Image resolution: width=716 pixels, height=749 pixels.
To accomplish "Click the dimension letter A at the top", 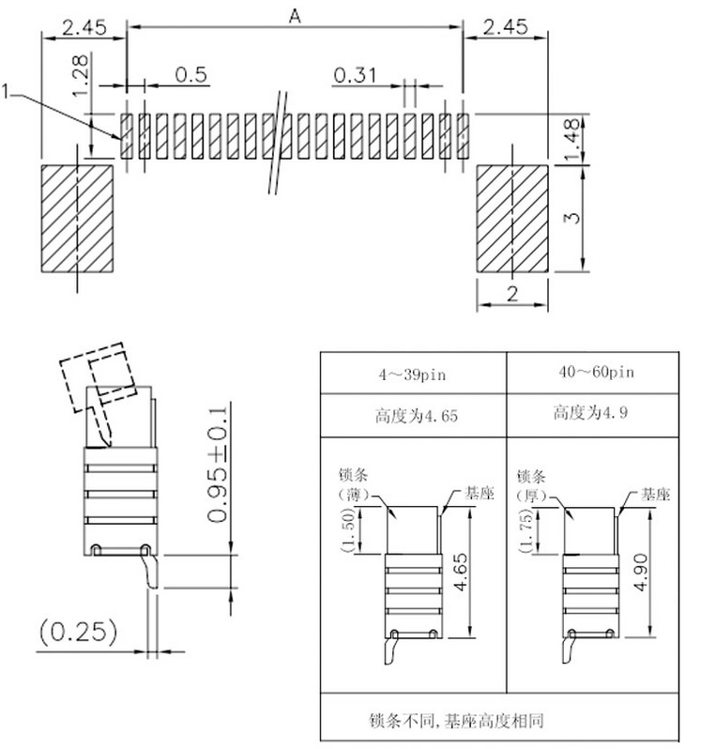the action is click(296, 17).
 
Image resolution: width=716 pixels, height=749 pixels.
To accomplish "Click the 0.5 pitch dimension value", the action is click(191, 74).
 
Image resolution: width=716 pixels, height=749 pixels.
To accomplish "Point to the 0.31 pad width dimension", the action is click(355, 75).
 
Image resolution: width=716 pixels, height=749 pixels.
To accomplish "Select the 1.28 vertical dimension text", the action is click(81, 75).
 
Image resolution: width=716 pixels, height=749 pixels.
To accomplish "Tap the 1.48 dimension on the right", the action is click(571, 140).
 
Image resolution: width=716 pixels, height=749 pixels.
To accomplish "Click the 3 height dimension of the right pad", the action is click(571, 218).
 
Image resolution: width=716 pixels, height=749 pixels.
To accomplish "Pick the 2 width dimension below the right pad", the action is click(512, 293).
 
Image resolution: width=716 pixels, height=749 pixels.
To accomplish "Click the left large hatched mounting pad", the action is click(77, 219).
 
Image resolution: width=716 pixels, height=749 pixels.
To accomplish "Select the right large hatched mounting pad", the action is click(512, 219).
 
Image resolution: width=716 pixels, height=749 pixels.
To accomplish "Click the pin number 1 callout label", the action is click(6, 91).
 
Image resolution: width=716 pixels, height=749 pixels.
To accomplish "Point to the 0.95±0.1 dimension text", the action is click(218, 465).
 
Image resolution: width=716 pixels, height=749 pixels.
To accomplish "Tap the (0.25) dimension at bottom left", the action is click(78, 632).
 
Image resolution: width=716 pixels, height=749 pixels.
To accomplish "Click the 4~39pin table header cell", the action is click(412, 374).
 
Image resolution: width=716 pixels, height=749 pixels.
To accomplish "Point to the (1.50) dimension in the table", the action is click(348, 529).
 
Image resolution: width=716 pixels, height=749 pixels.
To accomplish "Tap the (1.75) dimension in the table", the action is click(526, 530).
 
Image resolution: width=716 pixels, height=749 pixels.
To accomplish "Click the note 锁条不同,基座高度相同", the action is click(456, 720).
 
